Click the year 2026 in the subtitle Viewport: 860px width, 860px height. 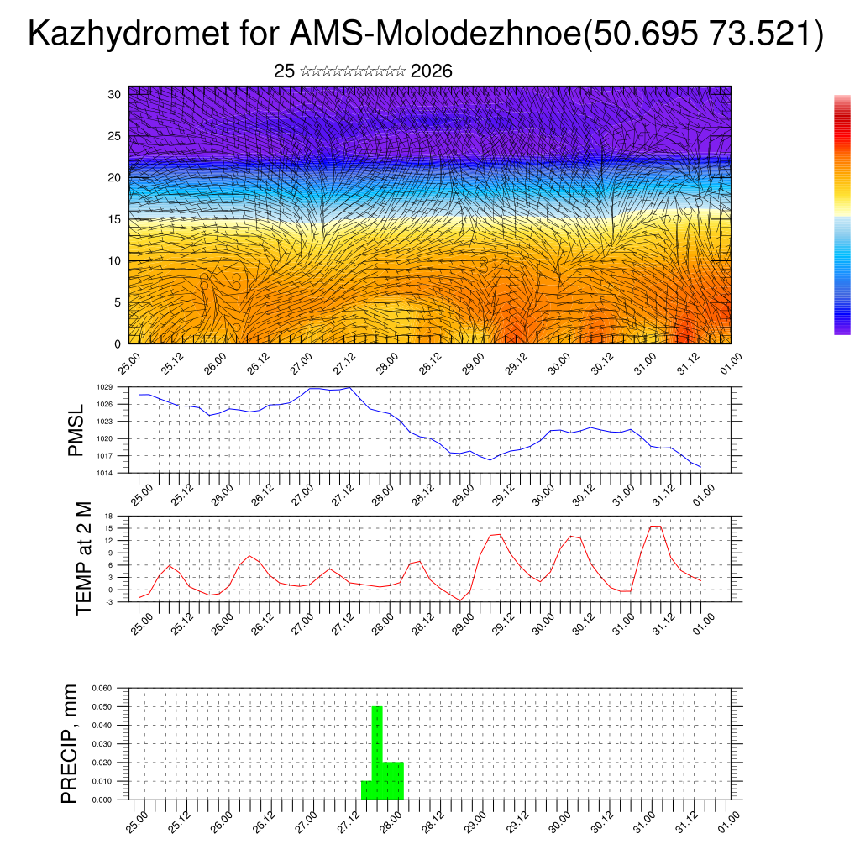tap(432, 71)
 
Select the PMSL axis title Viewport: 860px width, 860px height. tap(76, 431)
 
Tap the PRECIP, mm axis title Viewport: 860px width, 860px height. tap(70, 743)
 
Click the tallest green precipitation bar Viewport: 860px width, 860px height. tap(377, 752)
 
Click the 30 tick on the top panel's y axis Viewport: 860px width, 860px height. tap(115, 94)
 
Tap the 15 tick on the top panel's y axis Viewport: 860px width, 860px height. tap(115, 219)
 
